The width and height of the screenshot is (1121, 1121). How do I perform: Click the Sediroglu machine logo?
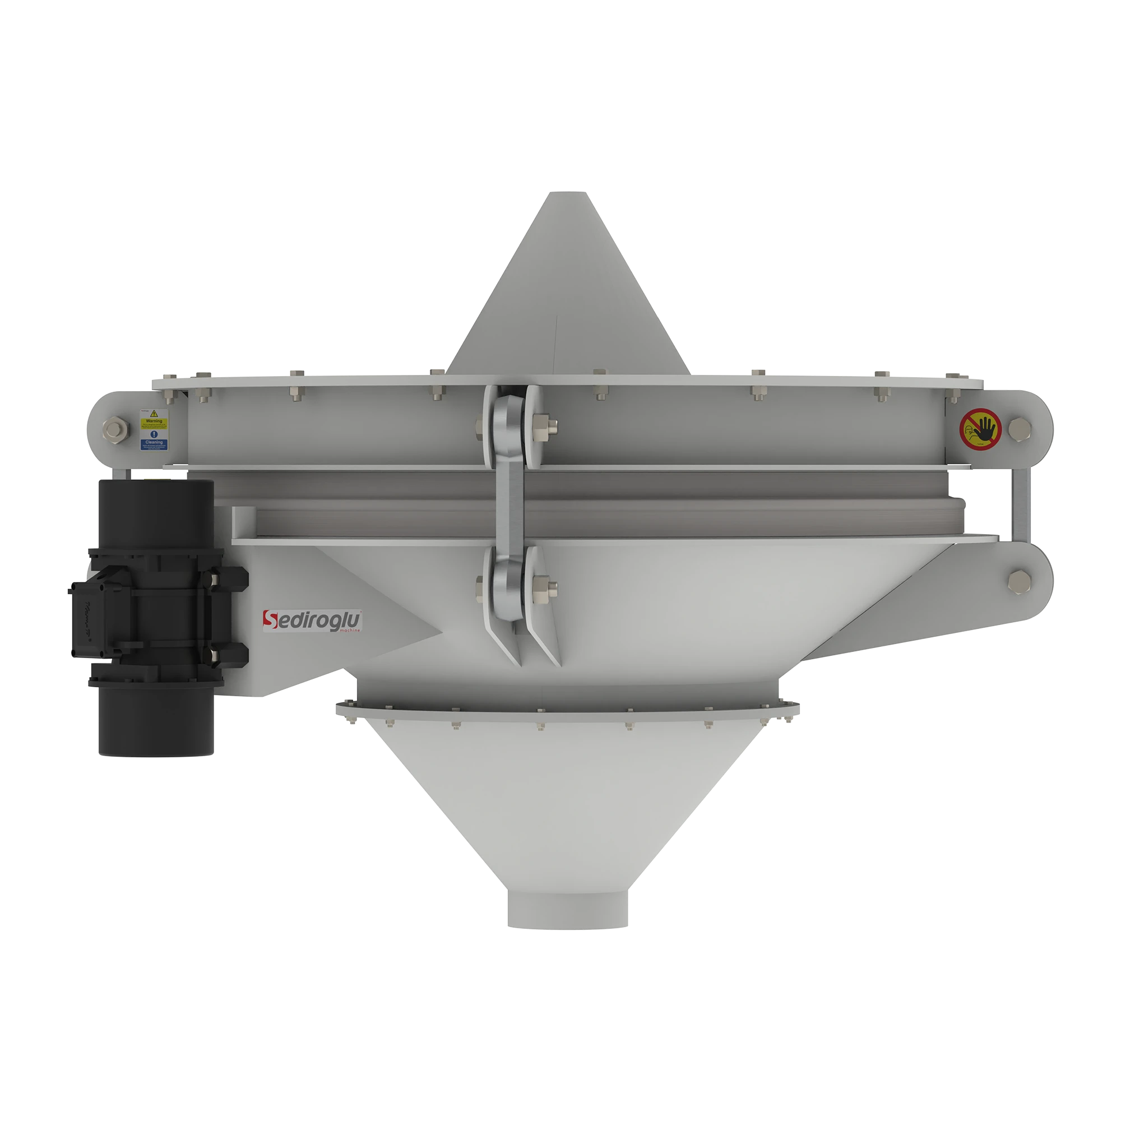313,621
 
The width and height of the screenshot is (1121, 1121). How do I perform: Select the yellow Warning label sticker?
154,419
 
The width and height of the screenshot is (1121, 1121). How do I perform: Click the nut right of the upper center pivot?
543,425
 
